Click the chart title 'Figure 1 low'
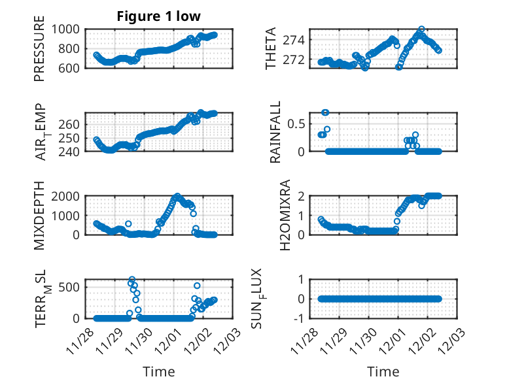click(x=158, y=16)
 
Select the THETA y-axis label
click(x=270, y=49)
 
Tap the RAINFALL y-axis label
click(x=275, y=132)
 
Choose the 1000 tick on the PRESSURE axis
click(x=68, y=29)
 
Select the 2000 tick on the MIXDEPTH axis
click(x=68, y=195)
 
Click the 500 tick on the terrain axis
click(x=72, y=287)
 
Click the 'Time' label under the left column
click(x=159, y=372)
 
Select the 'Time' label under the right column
click(x=383, y=372)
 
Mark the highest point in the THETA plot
click(x=421, y=29)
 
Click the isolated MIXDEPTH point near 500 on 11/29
click(x=128, y=224)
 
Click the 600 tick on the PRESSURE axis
click(x=72, y=68)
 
